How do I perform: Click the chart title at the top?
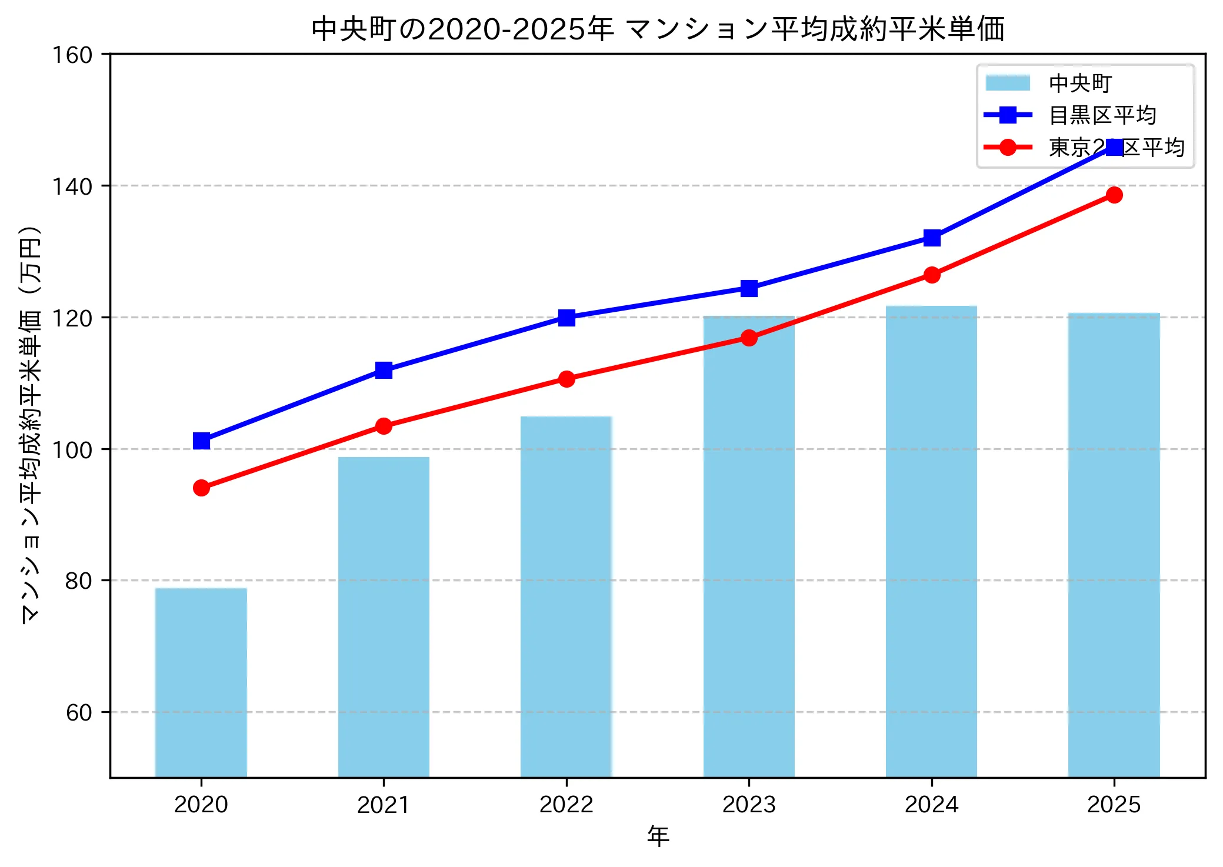pyautogui.click(x=658, y=29)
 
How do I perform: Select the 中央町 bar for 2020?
pyautogui.click(x=201, y=682)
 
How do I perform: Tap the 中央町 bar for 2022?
pyautogui.click(x=566, y=596)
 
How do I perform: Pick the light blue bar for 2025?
pyautogui.click(x=1114, y=545)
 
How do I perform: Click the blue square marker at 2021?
pyautogui.click(x=384, y=370)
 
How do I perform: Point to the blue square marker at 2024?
pyautogui.click(x=931, y=238)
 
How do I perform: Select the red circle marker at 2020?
pyautogui.click(x=201, y=488)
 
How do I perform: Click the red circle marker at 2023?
pyautogui.click(x=749, y=338)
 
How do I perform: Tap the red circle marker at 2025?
pyautogui.click(x=1114, y=195)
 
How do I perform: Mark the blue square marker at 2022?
pyautogui.click(x=566, y=318)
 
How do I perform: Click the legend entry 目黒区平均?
pyautogui.click(x=1102, y=115)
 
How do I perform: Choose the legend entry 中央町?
pyautogui.click(x=1080, y=84)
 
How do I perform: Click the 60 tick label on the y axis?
pyautogui.click(x=79, y=712)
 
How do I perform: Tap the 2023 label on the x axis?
pyautogui.click(x=749, y=804)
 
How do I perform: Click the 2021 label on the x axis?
pyautogui.click(x=384, y=804)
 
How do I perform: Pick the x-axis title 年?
pyautogui.click(x=658, y=836)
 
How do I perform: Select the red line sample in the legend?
pyautogui.click(x=1008, y=147)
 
